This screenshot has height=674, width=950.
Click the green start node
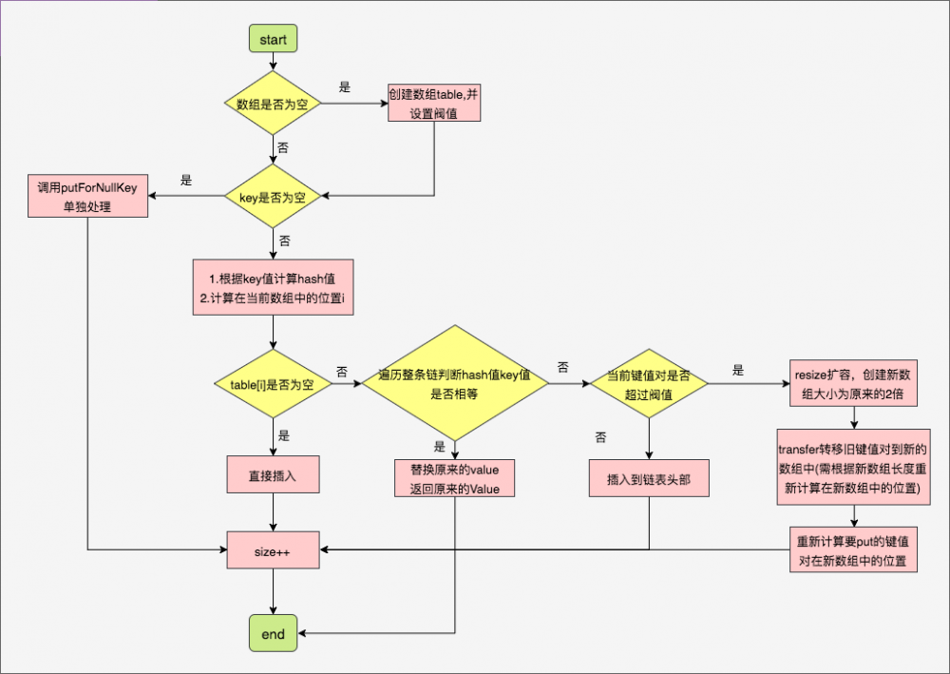[273, 39]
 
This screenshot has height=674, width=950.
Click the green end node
[273, 633]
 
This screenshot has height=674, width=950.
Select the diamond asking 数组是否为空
[273, 104]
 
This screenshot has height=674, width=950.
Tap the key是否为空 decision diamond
[273, 197]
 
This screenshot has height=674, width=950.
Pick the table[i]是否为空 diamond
[273, 384]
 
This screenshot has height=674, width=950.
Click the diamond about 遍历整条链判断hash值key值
[454, 384]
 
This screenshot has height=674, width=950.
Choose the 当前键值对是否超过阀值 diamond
[649, 384]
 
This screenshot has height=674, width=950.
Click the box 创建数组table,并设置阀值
[434, 104]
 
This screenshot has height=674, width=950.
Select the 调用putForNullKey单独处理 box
[87, 197]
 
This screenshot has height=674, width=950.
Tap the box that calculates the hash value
[273, 287]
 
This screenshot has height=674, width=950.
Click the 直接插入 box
[273, 475]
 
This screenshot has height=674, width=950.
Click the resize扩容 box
[853, 384]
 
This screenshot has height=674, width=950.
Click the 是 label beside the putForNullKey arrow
[186, 180]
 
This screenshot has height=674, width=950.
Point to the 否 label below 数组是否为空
[282, 149]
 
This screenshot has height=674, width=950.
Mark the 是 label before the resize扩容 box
[738, 370]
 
